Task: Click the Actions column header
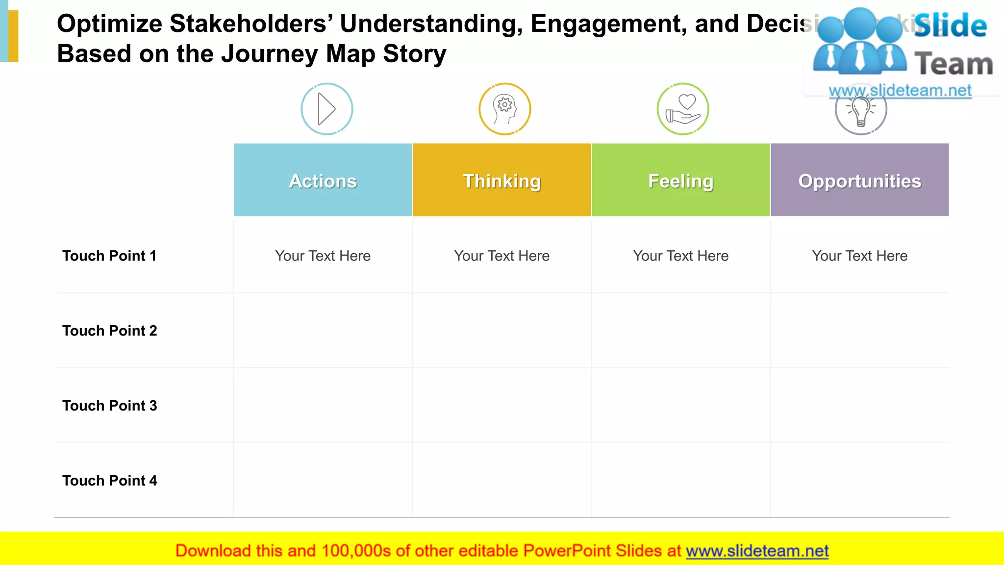(323, 180)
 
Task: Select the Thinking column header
(502, 180)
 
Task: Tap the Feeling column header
(680, 180)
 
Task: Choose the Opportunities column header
(859, 180)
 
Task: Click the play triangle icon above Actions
(326, 109)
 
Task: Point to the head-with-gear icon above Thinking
(504, 109)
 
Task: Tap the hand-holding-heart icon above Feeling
(683, 109)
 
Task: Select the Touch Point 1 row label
(109, 256)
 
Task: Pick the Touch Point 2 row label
(109, 331)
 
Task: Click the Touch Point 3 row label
(109, 406)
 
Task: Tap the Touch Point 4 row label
(109, 481)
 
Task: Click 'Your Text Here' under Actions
(323, 256)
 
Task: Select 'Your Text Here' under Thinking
(502, 256)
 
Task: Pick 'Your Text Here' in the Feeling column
(680, 256)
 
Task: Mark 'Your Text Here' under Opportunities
(859, 256)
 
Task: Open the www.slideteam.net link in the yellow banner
(757, 551)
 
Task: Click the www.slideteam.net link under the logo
(900, 90)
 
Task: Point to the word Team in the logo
(954, 64)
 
